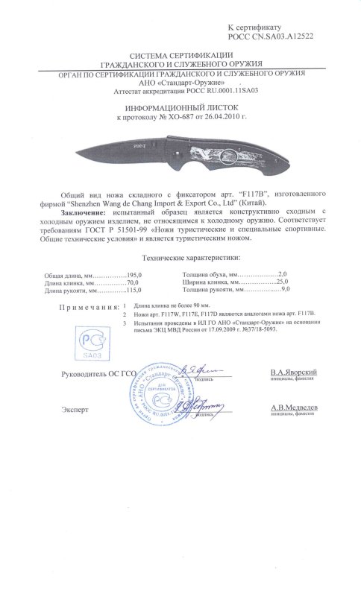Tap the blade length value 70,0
coord(131,282)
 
